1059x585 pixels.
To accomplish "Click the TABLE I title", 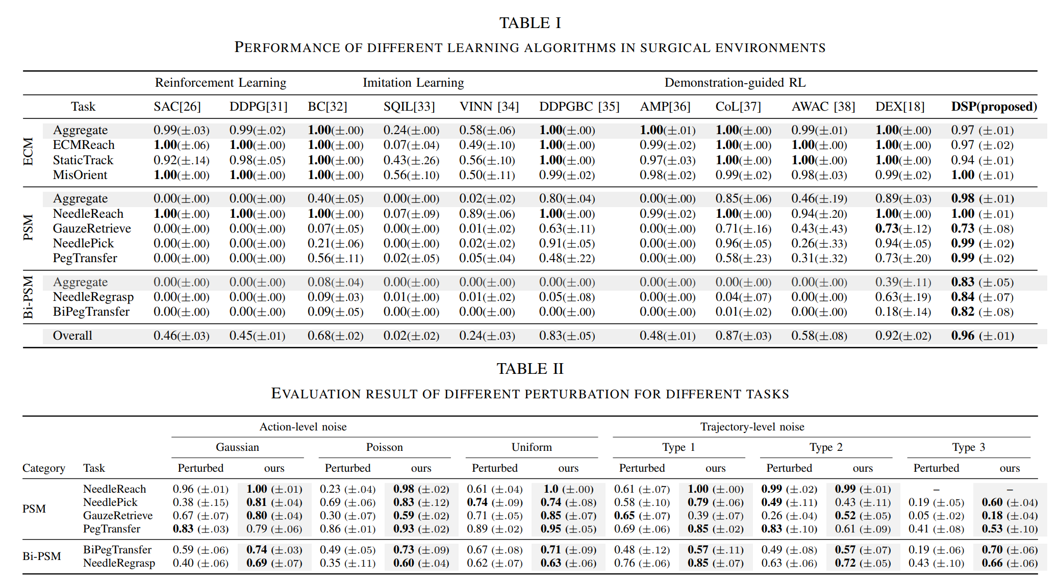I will pyautogui.click(x=530, y=23).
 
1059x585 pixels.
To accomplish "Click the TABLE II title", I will pyautogui.click(x=530, y=369).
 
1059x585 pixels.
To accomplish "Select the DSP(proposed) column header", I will pyautogui.click(x=994, y=107).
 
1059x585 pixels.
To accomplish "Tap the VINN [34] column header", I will pyautogui.click(x=489, y=107).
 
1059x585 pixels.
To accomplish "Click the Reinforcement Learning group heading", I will pyautogui.click(x=220, y=83).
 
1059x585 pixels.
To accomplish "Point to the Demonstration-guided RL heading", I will pyautogui.click(x=735, y=83).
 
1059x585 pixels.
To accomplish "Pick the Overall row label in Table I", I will pyautogui.click(x=72, y=336).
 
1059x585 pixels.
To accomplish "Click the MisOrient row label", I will pyautogui.click(x=80, y=175).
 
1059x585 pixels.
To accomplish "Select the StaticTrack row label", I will pyautogui.click(x=83, y=160).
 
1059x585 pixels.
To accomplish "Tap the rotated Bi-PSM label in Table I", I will pyautogui.click(x=29, y=297).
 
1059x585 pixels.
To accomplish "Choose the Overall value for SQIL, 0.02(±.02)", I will pyautogui.click(x=411, y=336).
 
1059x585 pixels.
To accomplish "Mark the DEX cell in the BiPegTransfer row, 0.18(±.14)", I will pyautogui.click(x=903, y=312).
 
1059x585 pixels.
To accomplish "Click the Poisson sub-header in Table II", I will pyautogui.click(x=384, y=447).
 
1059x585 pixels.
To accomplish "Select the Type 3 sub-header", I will pyautogui.click(x=968, y=447).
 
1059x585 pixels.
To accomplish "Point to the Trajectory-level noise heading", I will pyautogui.click(x=752, y=427).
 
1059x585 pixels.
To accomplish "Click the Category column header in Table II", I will pyautogui.click(x=44, y=468).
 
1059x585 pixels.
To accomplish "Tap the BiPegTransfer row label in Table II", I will pyautogui.click(x=117, y=550).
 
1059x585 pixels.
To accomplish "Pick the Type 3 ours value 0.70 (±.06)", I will pyautogui.click(x=1010, y=550).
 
